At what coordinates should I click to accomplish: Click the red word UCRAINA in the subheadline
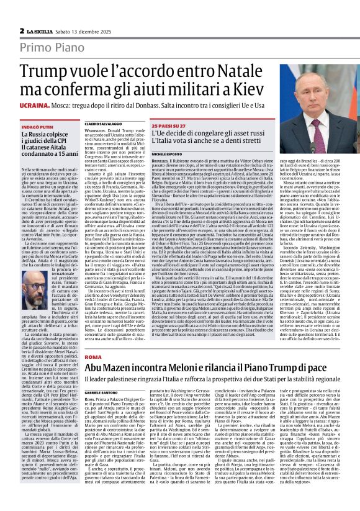(x=38, y=107)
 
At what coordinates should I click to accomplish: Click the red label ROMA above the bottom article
(x=92, y=358)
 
